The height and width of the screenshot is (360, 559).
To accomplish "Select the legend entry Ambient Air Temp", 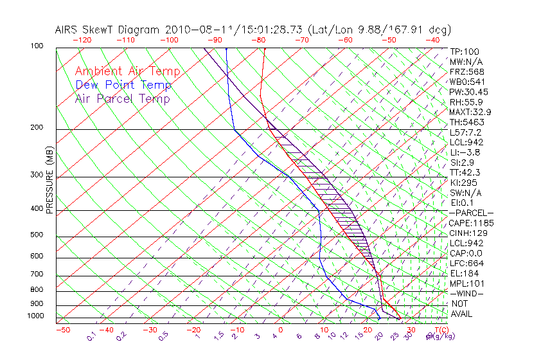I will coord(127,71).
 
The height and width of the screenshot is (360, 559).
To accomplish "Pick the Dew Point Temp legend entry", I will coord(123,85).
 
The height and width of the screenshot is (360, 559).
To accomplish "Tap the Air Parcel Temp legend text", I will coord(122,98).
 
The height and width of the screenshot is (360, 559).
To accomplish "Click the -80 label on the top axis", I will coord(258,40).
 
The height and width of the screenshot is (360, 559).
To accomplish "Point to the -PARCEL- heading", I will coord(471,213).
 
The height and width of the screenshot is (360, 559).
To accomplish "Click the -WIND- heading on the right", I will coord(467,293).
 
